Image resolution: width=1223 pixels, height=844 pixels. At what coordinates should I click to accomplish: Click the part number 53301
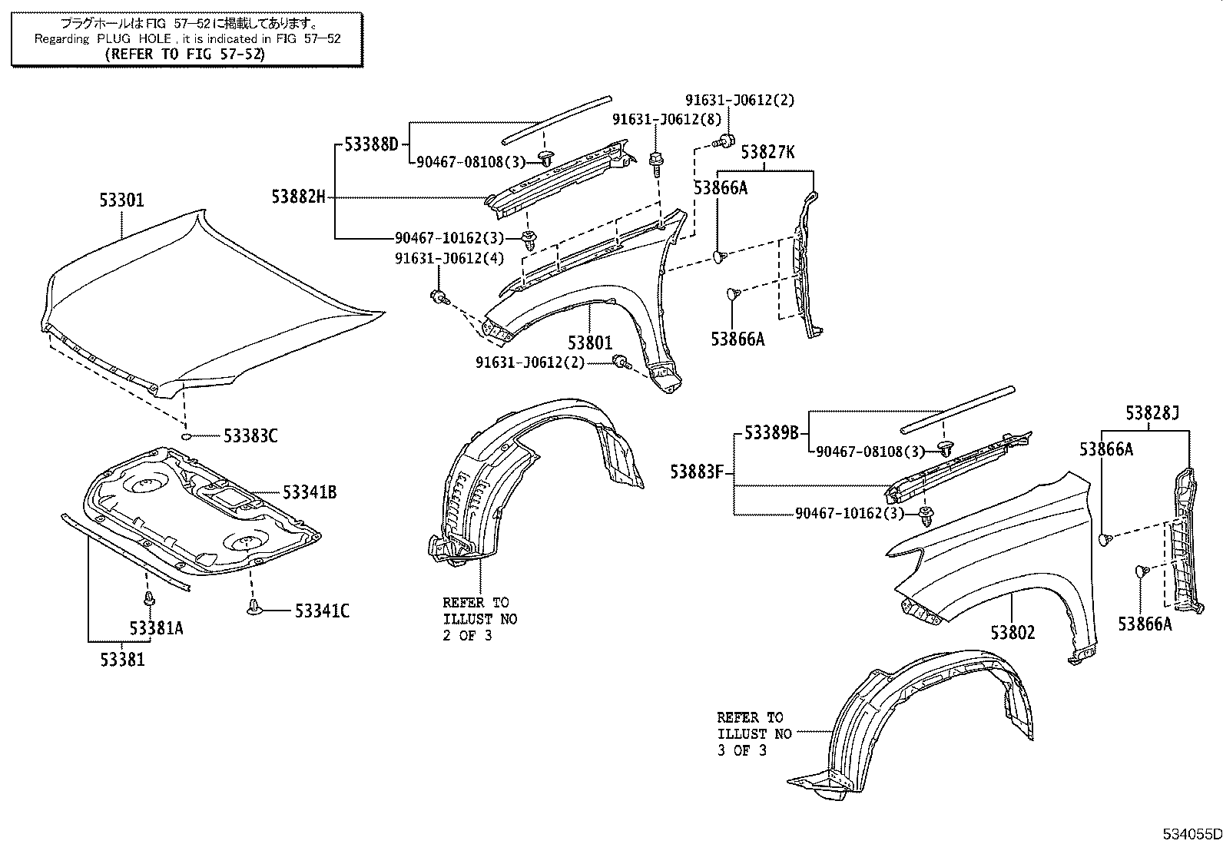pyautogui.click(x=121, y=200)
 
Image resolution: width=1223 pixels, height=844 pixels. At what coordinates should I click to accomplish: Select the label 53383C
pyautogui.click(x=250, y=436)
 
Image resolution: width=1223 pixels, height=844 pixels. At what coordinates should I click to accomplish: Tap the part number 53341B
pyautogui.click(x=310, y=492)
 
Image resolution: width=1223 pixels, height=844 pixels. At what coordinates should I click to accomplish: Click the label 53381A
pyautogui.click(x=156, y=628)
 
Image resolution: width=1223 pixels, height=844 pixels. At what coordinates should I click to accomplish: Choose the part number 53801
pyautogui.click(x=590, y=343)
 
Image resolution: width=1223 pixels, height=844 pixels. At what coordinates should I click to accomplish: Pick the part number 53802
pyautogui.click(x=1013, y=632)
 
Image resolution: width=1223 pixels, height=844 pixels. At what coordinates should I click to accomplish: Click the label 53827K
pyautogui.click(x=767, y=153)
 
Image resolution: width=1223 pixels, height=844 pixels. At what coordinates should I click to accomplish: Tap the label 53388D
pyautogui.click(x=372, y=144)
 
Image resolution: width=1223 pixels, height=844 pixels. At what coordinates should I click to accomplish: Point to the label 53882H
pyautogui.click(x=298, y=197)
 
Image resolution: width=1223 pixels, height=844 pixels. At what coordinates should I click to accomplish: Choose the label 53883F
pyautogui.click(x=697, y=472)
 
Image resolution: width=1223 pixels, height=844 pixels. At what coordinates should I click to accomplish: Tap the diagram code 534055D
pyautogui.click(x=1191, y=834)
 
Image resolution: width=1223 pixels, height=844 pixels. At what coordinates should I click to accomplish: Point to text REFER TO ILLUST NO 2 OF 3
pyautogui.click(x=479, y=618)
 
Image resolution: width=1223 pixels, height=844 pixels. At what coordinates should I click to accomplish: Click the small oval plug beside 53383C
pyautogui.click(x=186, y=436)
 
